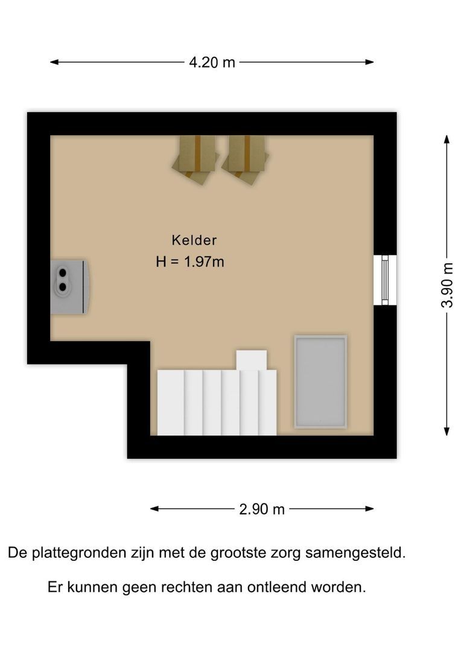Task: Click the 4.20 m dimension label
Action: pos(212,62)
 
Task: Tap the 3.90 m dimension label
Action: pos(447,284)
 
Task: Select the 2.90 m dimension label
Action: pos(261,509)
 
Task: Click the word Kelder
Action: pos(194,240)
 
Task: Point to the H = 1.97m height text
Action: pos(189,262)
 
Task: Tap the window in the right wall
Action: pos(384,280)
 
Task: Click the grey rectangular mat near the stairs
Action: pos(320,382)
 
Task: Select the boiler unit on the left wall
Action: pos(70,286)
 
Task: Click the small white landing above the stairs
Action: pos(251,360)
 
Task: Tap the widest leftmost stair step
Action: pos(171,402)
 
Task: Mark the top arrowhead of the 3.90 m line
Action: pos(447,139)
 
